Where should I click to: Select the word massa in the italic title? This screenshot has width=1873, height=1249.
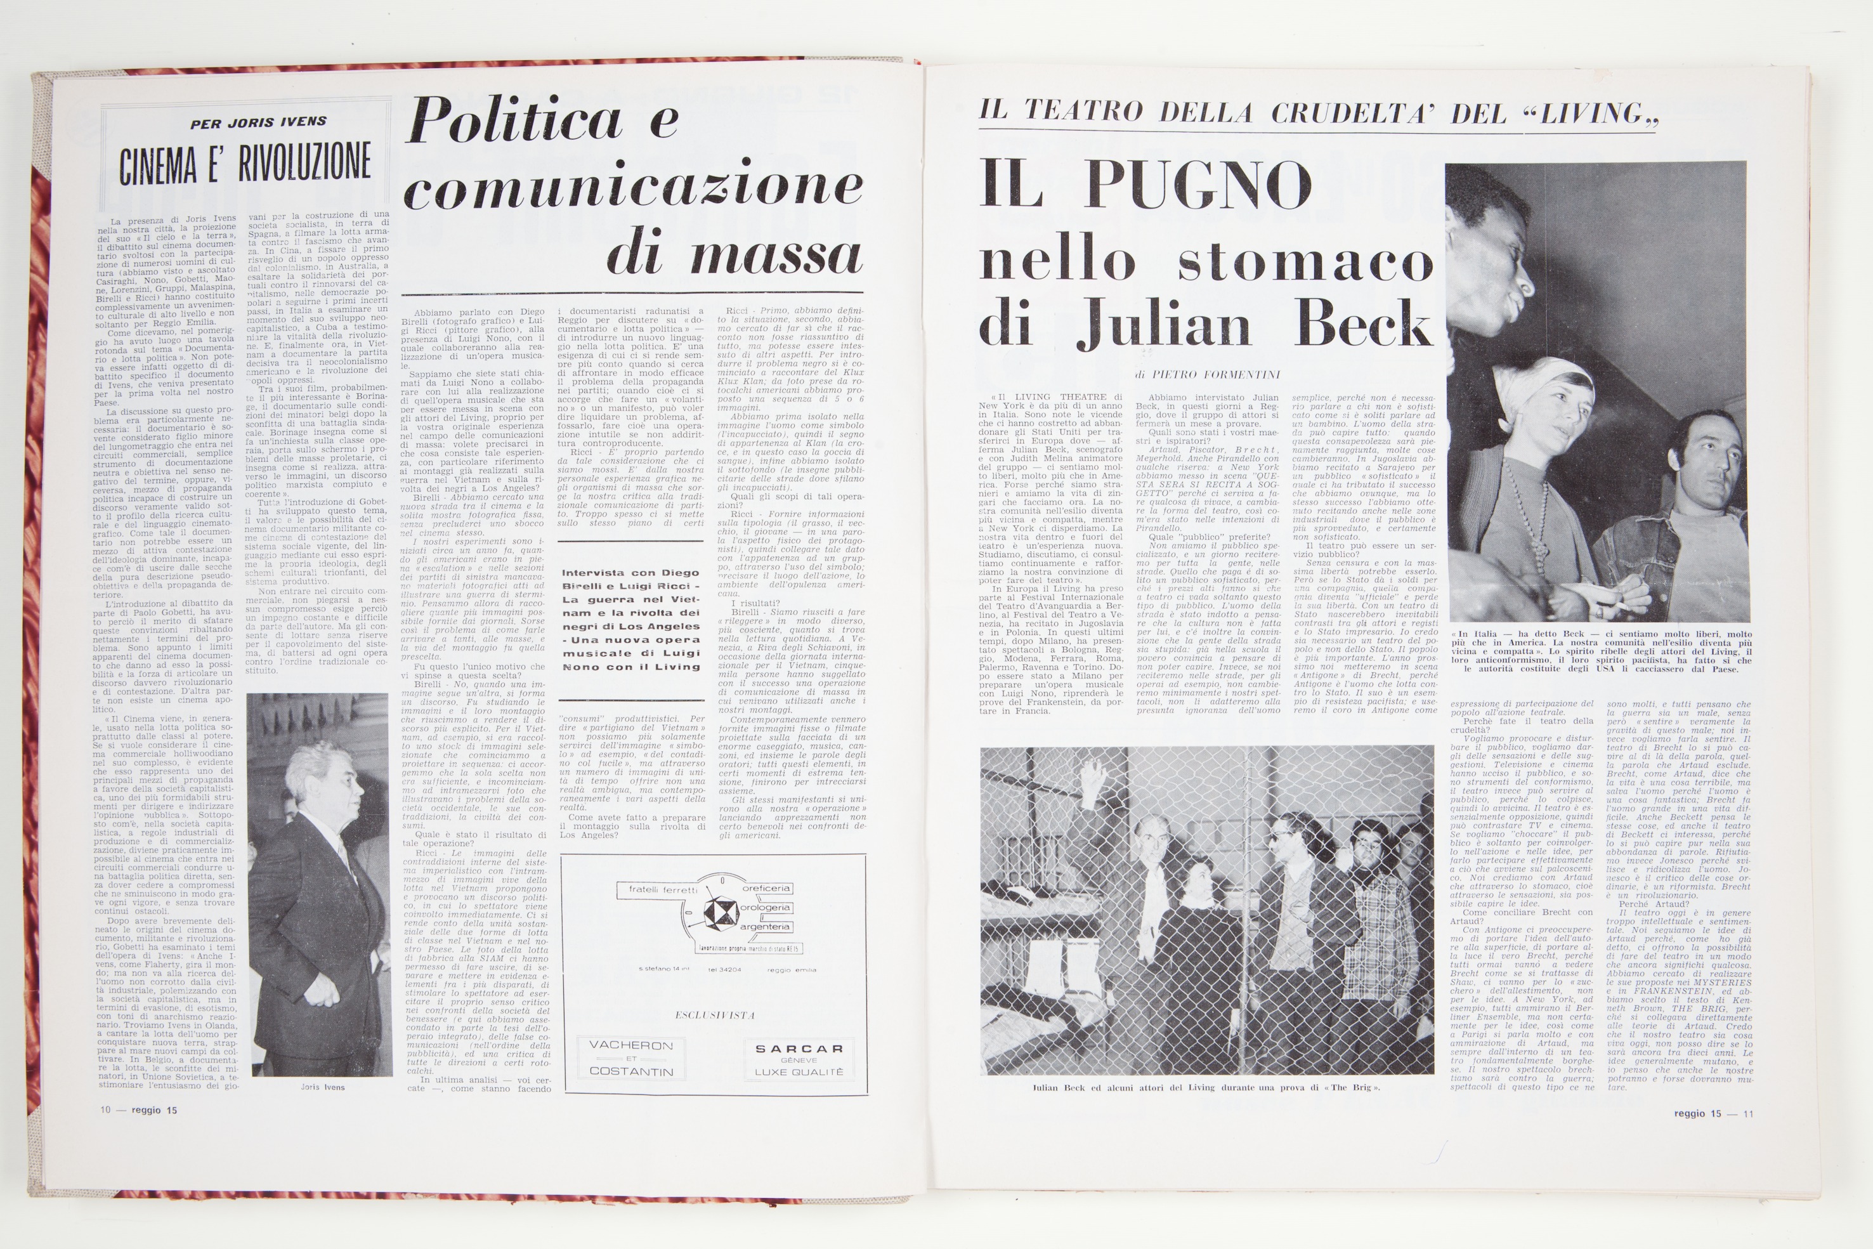pyautogui.click(x=776, y=256)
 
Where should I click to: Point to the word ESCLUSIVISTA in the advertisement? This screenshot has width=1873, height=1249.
pyautogui.click(x=714, y=1016)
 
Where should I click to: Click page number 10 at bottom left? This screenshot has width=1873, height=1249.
pyautogui.click(x=105, y=1109)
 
